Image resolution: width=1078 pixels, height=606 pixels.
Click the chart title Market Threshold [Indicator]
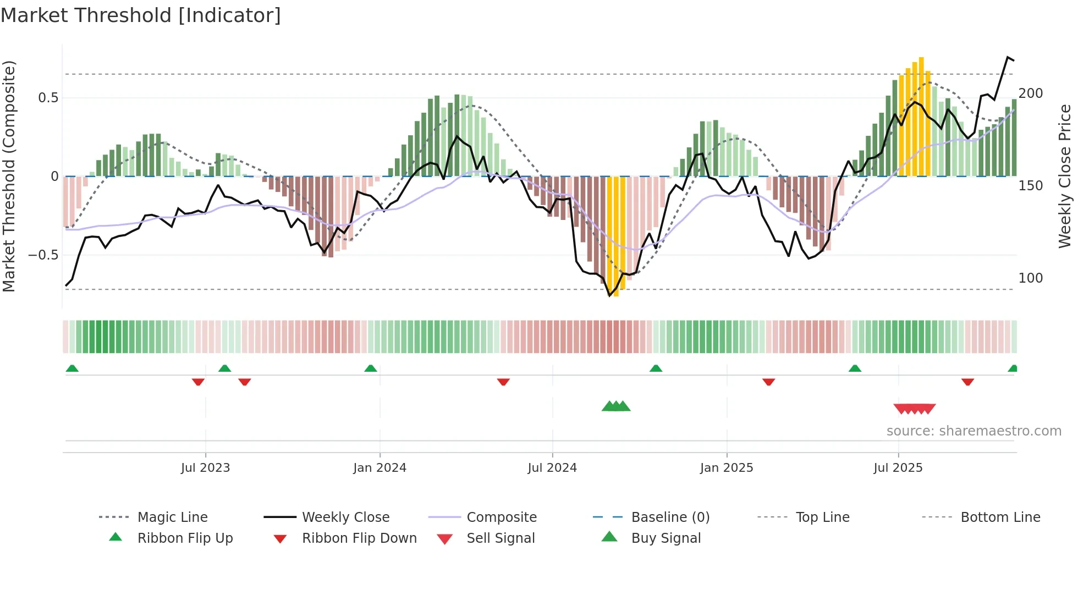[x=141, y=15]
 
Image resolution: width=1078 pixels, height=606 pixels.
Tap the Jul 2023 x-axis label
[x=205, y=468]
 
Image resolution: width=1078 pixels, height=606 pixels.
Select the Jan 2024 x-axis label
[x=380, y=468]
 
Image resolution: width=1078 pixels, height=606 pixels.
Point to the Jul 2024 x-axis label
[x=552, y=468]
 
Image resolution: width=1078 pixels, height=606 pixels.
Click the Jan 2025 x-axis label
[x=727, y=468]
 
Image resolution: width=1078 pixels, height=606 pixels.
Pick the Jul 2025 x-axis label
[x=898, y=468]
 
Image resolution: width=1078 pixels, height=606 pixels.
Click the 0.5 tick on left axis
[x=48, y=98]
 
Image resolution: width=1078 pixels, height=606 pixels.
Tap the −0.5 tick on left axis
[x=43, y=255]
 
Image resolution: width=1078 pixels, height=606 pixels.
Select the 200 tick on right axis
[x=1031, y=93]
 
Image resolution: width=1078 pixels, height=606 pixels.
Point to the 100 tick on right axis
[x=1031, y=278]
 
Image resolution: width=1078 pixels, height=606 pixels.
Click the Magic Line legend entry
[x=172, y=517]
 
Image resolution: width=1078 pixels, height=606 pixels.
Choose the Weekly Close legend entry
[x=345, y=517]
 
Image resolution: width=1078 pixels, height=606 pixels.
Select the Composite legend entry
[x=501, y=517]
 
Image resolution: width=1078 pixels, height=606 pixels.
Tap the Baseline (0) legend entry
[x=670, y=517]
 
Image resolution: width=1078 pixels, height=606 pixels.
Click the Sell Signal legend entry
[x=500, y=538]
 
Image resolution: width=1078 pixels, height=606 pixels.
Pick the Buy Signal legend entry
[x=665, y=538]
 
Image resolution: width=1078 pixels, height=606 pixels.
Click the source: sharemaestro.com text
[x=974, y=431]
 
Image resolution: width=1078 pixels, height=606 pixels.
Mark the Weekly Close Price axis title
[x=1065, y=176]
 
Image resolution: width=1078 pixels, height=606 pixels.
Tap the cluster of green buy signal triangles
[x=616, y=406]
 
